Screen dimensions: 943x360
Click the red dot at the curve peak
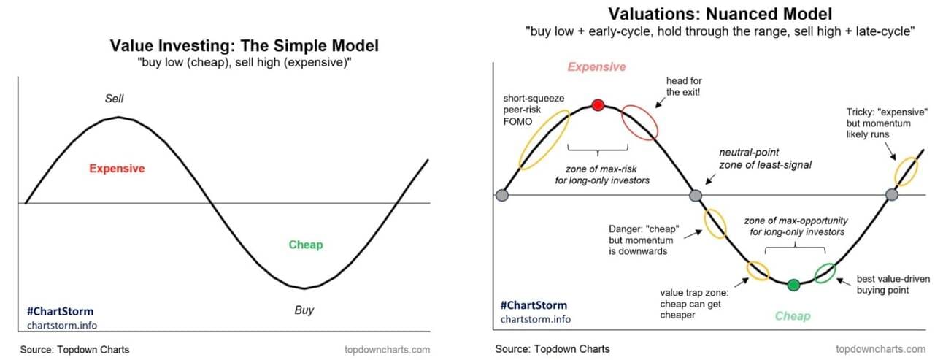point(598,105)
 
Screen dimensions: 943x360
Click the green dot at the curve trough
point(793,285)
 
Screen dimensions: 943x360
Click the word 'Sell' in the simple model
point(114,99)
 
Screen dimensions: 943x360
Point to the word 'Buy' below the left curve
point(304,310)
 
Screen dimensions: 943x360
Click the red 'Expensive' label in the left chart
point(117,169)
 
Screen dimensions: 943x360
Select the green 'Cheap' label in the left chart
point(306,245)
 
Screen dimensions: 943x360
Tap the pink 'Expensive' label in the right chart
point(596,67)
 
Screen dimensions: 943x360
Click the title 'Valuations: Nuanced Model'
point(720,14)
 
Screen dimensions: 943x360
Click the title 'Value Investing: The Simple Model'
point(245,45)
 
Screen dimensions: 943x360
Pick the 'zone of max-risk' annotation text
point(602,175)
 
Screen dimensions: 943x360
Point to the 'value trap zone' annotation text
point(694,304)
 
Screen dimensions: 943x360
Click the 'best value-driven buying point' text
point(893,284)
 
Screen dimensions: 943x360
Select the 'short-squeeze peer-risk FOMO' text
point(534,110)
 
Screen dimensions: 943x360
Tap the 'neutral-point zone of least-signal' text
point(765,158)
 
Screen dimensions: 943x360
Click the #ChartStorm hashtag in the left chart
point(60,311)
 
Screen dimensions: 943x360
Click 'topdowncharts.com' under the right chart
point(881,349)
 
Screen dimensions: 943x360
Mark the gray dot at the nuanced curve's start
point(502,195)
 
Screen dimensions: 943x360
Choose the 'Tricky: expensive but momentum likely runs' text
point(887,123)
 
